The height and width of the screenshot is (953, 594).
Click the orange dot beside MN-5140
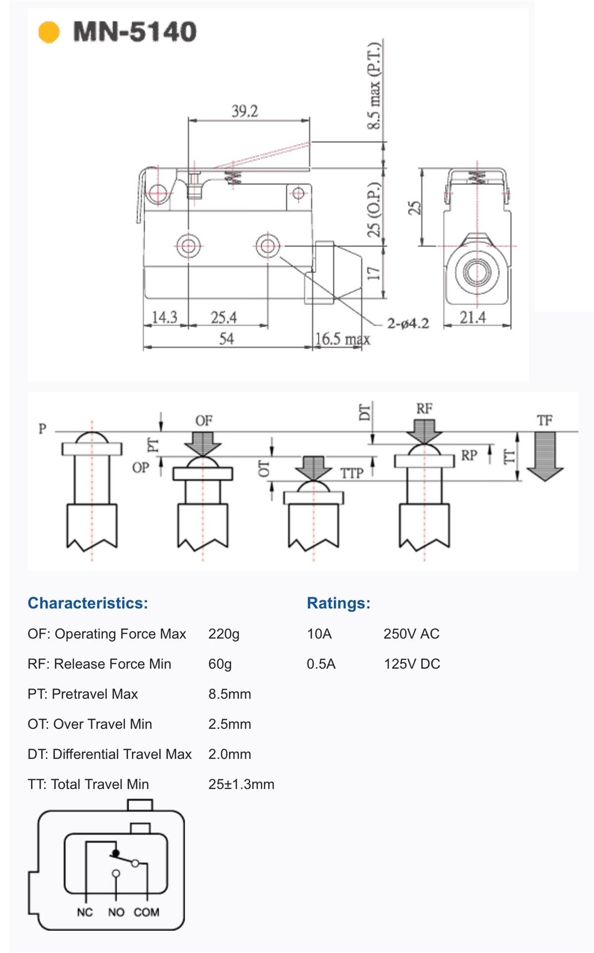(49, 32)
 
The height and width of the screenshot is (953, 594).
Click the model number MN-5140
(135, 32)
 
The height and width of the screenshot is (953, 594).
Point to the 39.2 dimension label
(245, 111)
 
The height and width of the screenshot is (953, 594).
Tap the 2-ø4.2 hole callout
(408, 324)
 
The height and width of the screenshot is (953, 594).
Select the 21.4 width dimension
(473, 317)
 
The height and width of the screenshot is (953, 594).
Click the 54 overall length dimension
(226, 339)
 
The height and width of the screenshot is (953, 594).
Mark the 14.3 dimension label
(164, 317)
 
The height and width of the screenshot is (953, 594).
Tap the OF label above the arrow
(203, 421)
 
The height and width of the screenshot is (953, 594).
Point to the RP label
(469, 455)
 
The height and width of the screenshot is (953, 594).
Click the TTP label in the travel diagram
(351, 473)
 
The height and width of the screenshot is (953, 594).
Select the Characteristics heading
(88, 603)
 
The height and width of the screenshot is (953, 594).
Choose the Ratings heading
(339, 603)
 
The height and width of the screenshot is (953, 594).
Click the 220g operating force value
(224, 634)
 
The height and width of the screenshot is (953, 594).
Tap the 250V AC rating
(411, 634)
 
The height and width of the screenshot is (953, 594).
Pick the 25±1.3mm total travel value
(241, 784)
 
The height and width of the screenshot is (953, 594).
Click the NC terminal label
(85, 912)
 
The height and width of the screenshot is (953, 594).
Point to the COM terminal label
(147, 912)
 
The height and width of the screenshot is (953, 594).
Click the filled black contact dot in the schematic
(116, 853)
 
